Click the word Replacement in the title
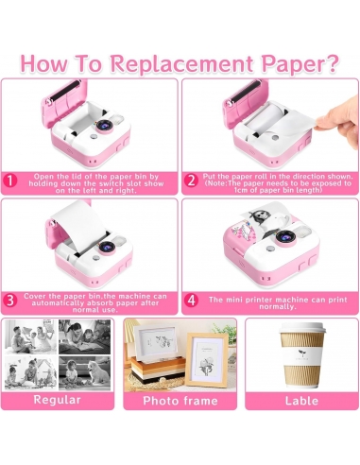tap(183, 63)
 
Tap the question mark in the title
tap(332, 63)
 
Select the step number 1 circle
tap(10, 181)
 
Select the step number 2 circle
tap(191, 181)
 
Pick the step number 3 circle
tap(10, 301)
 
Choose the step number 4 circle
tap(191, 301)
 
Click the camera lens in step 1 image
tap(104, 126)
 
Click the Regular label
tap(57, 400)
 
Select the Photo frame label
tap(180, 401)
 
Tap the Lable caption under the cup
tap(301, 401)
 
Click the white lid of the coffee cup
tap(302, 329)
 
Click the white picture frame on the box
tap(156, 342)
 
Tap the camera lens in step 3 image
tap(107, 247)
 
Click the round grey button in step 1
tap(93, 137)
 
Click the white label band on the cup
tap(302, 355)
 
